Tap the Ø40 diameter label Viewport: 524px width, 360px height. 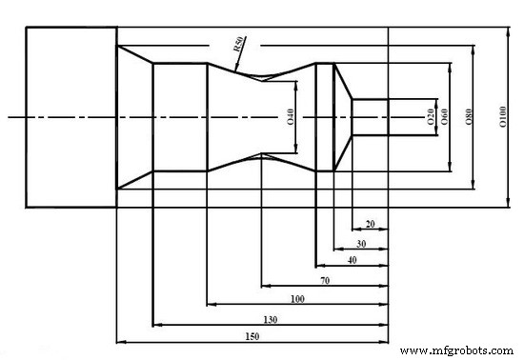[x=290, y=117]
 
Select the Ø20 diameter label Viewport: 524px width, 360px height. [x=430, y=117]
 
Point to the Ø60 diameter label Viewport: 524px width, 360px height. [x=444, y=117]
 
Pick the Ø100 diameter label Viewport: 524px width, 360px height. [x=501, y=117]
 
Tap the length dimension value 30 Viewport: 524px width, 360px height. [x=360, y=242]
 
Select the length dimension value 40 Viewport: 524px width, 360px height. [x=352, y=260]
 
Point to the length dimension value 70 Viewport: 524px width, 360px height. [x=324, y=280]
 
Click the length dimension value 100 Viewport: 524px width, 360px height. [x=297, y=299]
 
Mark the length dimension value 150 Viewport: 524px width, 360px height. [x=252, y=336]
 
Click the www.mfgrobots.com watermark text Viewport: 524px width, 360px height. [x=457, y=350]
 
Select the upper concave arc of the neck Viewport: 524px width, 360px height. [x=261, y=77]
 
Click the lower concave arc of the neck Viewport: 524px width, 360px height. [x=261, y=155]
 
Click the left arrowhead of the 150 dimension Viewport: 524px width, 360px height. [x=119, y=341]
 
